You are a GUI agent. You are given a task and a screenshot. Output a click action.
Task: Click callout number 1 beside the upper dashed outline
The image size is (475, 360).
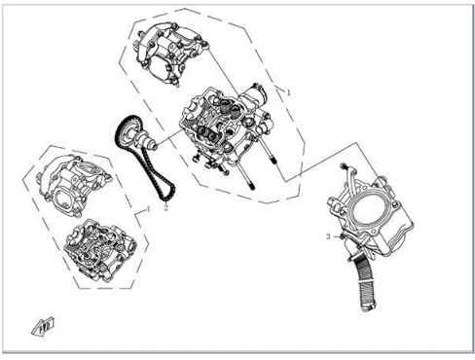(288, 92)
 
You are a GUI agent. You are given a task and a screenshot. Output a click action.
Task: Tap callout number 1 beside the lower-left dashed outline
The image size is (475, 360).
(149, 209)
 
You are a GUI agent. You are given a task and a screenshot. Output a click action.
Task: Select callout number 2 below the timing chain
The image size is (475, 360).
(166, 207)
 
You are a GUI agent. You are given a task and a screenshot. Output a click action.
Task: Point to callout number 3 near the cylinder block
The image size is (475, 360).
(328, 236)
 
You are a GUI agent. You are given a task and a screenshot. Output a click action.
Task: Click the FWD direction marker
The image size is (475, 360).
(43, 325)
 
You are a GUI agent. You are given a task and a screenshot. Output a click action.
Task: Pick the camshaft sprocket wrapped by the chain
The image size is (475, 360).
(128, 132)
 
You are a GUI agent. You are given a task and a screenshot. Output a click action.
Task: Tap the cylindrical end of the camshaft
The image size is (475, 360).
(154, 147)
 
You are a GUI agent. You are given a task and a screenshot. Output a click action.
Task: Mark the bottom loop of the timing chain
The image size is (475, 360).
(166, 196)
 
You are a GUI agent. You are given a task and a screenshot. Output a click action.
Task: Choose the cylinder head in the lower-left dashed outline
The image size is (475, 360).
(99, 250)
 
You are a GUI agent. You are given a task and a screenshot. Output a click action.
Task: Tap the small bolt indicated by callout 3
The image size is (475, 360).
(341, 236)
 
